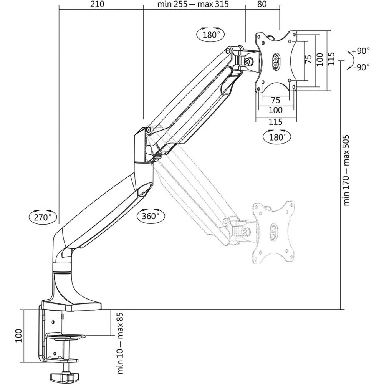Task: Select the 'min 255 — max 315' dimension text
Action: [193, 5]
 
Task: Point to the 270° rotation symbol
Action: [42, 217]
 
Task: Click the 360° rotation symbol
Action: [151, 216]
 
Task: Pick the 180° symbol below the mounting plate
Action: [276, 137]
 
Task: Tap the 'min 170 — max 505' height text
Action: [346, 170]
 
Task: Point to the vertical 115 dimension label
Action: [332, 60]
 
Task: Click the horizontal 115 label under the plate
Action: [276, 122]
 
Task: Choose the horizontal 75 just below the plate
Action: [276, 100]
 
